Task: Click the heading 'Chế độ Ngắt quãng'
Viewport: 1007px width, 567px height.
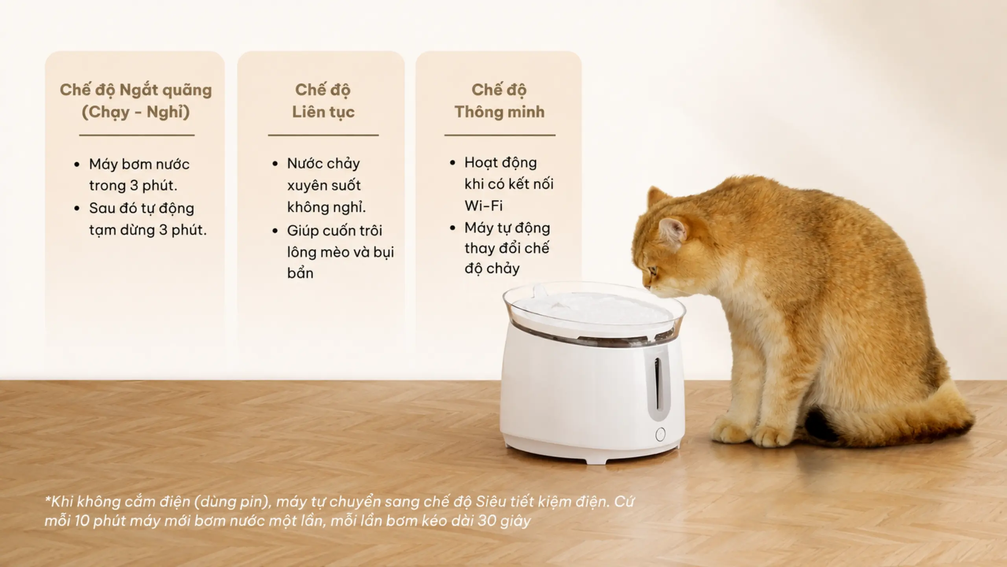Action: (x=136, y=90)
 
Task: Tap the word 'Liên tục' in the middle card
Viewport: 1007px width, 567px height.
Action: (x=323, y=112)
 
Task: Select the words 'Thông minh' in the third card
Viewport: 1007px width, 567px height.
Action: (x=500, y=112)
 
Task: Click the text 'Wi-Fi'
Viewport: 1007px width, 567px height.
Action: (x=483, y=206)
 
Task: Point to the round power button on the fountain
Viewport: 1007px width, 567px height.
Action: (x=660, y=435)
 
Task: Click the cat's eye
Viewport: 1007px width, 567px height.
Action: (x=654, y=271)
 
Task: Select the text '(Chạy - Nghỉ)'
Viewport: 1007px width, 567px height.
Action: (x=136, y=112)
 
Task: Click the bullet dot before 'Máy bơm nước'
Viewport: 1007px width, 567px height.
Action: (x=77, y=165)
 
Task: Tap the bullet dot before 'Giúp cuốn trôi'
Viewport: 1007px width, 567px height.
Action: (x=275, y=231)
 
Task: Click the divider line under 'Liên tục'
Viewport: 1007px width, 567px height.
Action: (x=323, y=135)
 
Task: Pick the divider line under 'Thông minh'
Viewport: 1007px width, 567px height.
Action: (x=500, y=135)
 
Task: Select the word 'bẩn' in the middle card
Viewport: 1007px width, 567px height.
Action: (x=300, y=273)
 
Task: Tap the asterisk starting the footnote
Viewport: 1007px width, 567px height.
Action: (x=48, y=499)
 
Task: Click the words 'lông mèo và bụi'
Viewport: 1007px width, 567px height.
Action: (x=341, y=252)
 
